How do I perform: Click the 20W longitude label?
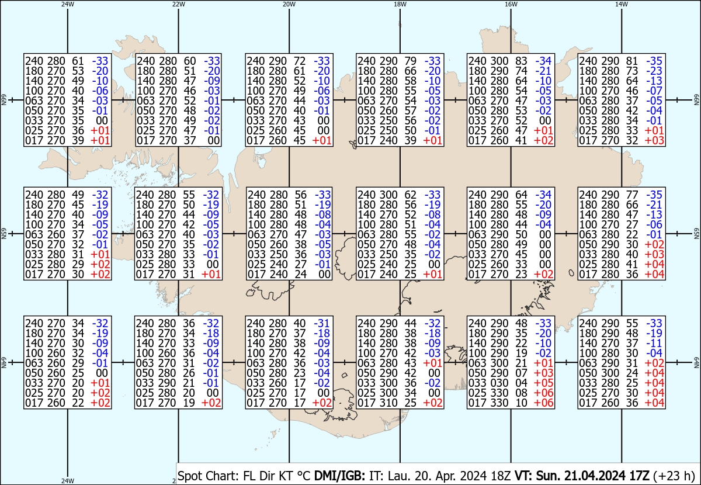289,4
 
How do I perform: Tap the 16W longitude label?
511,4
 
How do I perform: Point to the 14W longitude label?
622,4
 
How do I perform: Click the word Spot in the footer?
190,476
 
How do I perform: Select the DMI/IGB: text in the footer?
339,476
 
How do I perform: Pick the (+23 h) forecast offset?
674,476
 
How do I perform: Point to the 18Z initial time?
500,476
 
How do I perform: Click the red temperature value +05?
543,383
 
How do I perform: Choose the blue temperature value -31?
322,323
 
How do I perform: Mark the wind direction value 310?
388,403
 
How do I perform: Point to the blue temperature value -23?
654,71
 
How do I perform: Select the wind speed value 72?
300,61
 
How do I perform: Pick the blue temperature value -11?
654,343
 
